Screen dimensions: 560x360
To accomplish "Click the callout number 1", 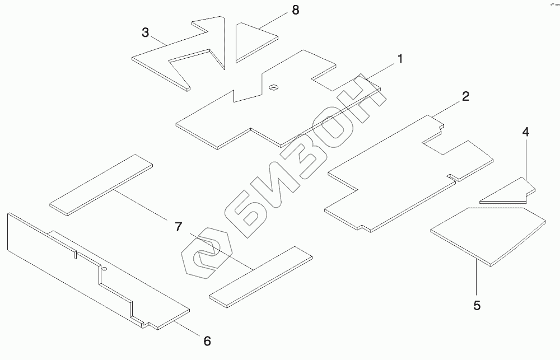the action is [400, 59].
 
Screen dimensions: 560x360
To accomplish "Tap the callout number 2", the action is [465, 96].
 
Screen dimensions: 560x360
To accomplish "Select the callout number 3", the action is [146, 32].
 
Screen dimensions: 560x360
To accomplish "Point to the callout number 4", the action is [526, 132].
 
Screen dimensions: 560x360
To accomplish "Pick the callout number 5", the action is [477, 305].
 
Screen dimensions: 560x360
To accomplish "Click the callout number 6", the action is [207, 340].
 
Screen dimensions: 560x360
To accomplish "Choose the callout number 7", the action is [179, 227].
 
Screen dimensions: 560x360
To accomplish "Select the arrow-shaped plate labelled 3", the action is [168, 56].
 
